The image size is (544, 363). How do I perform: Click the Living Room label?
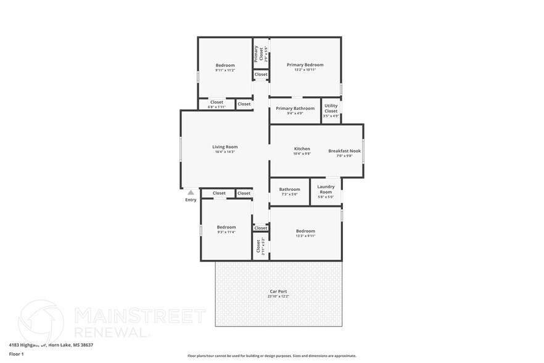coord(225,147)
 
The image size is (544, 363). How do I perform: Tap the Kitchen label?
coord(302,149)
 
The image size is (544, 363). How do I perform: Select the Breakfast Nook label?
coord(344,151)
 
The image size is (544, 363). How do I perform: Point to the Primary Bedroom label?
coord(305,65)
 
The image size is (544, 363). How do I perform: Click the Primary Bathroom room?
coord(295,111)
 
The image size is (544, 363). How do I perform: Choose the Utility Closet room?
coord(331,111)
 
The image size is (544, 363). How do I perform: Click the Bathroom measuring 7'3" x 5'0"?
coord(289,191)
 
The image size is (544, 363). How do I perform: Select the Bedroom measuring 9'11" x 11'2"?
coord(225,67)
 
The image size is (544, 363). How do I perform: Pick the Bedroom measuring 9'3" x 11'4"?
coord(226,229)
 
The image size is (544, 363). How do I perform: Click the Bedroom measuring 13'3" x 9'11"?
coord(305,233)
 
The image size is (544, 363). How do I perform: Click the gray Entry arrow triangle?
coord(191,193)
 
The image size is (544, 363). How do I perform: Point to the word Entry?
coord(191,200)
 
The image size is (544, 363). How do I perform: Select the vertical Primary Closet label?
coord(257,54)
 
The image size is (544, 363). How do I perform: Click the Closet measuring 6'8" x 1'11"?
coord(216,104)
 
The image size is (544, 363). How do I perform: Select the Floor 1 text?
coord(16,354)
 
